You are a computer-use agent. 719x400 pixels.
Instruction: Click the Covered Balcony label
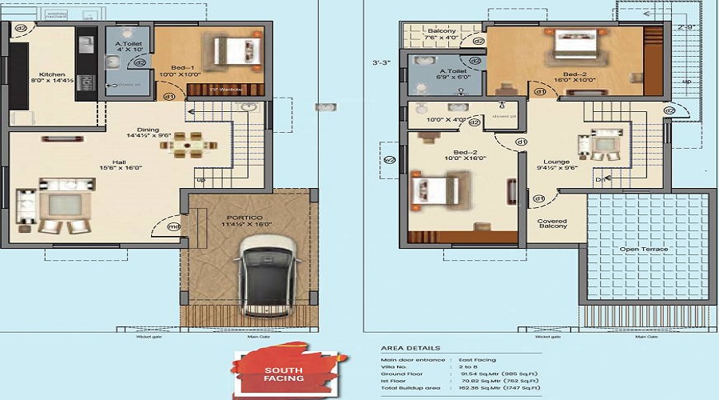pyautogui.click(x=552, y=222)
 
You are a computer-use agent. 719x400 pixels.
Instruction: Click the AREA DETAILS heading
pyautogui.click(x=410, y=349)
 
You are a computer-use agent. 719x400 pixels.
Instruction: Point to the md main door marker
pyautogui.click(x=173, y=226)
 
